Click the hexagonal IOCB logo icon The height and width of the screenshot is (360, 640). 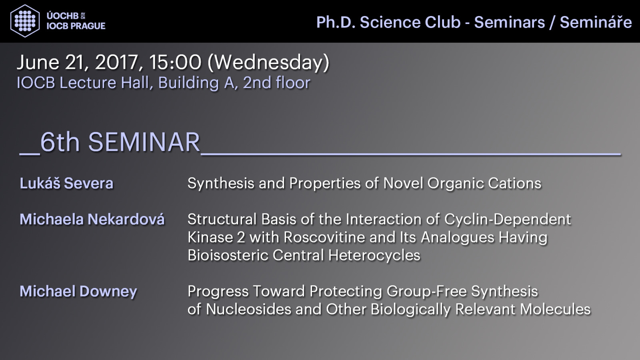[x=25, y=21]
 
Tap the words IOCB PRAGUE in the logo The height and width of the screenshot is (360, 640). [x=76, y=26]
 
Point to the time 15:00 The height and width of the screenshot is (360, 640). [x=175, y=62]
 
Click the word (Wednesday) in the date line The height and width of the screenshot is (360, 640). [x=268, y=63]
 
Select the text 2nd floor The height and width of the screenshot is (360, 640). [x=276, y=82]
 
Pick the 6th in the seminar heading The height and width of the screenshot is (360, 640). [x=60, y=142]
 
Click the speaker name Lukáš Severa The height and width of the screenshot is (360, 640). [x=66, y=183]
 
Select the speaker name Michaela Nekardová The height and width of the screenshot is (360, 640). [x=92, y=219]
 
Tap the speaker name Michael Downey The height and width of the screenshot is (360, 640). [x=78, y=292]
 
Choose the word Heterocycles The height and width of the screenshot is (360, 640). [x=374, y=255]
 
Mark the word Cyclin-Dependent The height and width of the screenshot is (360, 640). [x=508, y=220]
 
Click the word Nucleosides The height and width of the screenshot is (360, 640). [x=248, y=310]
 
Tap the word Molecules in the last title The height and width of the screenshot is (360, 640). [x=555, y=310]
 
